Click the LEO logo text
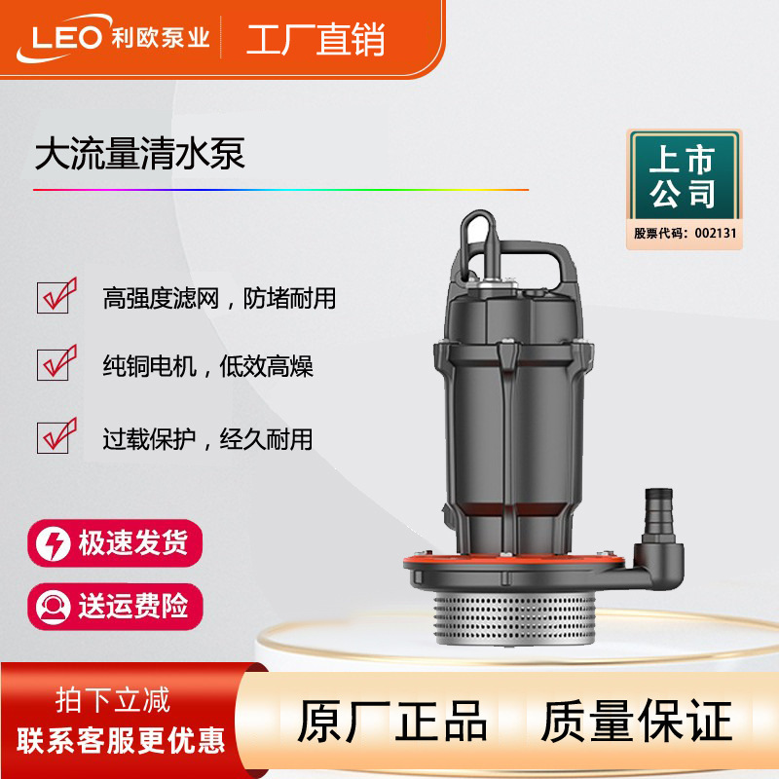tap(67, 37)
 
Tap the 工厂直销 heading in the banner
tap(315, 39)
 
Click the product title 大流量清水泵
tap(139, 154)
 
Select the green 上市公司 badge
tap(685, 175)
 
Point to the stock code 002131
tap(716, 233)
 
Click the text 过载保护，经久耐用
tap(207, 439)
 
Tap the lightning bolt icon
tap(54, 543)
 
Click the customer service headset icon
tap(54, 607)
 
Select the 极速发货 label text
tap(132, 542)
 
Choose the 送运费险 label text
tap(132, 606)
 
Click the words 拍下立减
tap(113, 700)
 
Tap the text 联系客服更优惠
tap(121, 740)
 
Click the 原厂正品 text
tap(392, 722)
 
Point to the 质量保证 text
tap(637, 722)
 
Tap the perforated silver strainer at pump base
tap(516, 619)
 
